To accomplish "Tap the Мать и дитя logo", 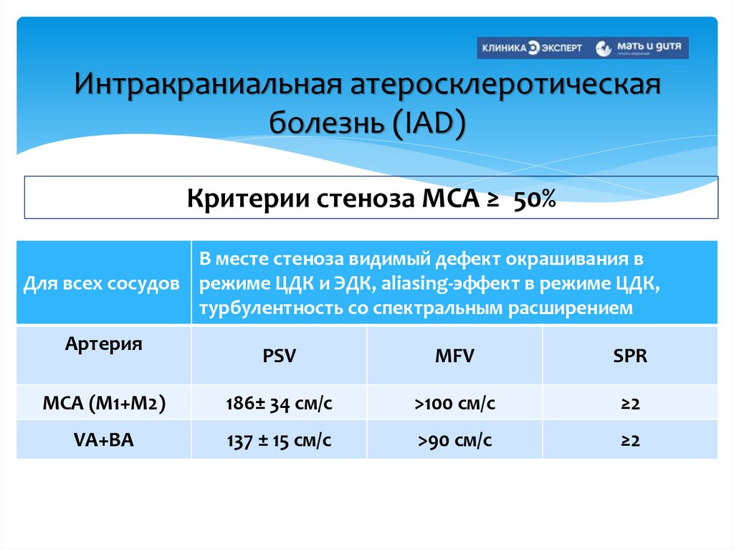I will pos(641,47).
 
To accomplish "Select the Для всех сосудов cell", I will pos(102,283).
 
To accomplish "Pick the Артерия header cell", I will pos(103,343).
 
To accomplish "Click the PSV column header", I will pos(279,356).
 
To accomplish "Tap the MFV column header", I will pos(454,356).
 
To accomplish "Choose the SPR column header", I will pos(630,356).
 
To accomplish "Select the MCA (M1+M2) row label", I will pos(103,403).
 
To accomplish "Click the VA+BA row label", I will pos(103,440).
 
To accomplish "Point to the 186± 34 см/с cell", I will pos(279,404).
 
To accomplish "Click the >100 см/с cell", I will pos(454,404).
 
